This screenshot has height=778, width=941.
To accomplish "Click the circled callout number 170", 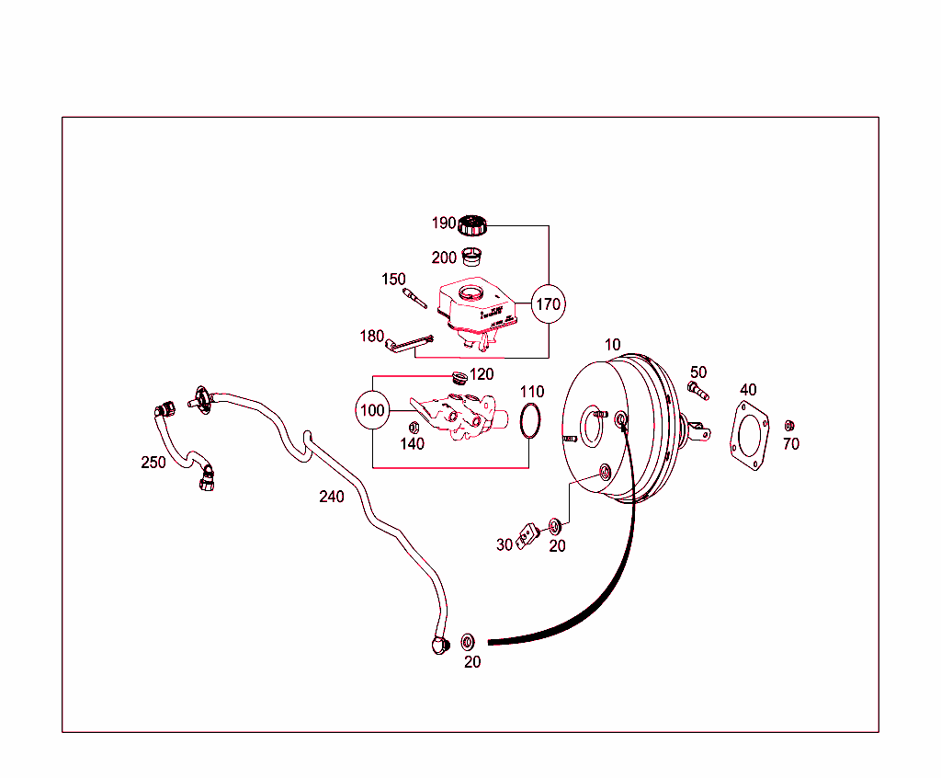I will (x=548, y=303).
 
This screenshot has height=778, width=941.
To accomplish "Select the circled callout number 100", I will (x=373, y=410).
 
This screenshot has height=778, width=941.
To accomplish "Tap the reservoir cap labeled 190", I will (x=472, y=224).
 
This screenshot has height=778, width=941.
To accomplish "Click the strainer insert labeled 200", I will (x=470, y=256).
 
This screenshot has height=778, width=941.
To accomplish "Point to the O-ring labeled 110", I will (x=530, y=421).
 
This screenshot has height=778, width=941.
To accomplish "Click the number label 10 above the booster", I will (x=613, y=345).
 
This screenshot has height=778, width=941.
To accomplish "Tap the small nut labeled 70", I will (x=788, y=426).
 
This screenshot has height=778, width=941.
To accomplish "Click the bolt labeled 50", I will (x=697, y=392).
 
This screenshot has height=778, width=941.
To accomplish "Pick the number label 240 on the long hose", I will (x=332, y=497).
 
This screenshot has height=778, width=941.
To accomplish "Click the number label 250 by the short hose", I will (x=153, y=463).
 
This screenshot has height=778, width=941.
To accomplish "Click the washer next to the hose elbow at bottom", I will (x=467, y=640).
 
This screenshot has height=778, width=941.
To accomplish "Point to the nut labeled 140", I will (x=414, y=427).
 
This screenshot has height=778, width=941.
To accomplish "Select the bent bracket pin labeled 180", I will (x=407, y=343).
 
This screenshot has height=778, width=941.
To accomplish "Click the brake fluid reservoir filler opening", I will (x=470, y=294).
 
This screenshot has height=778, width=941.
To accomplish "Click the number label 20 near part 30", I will (x=557, y=545).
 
